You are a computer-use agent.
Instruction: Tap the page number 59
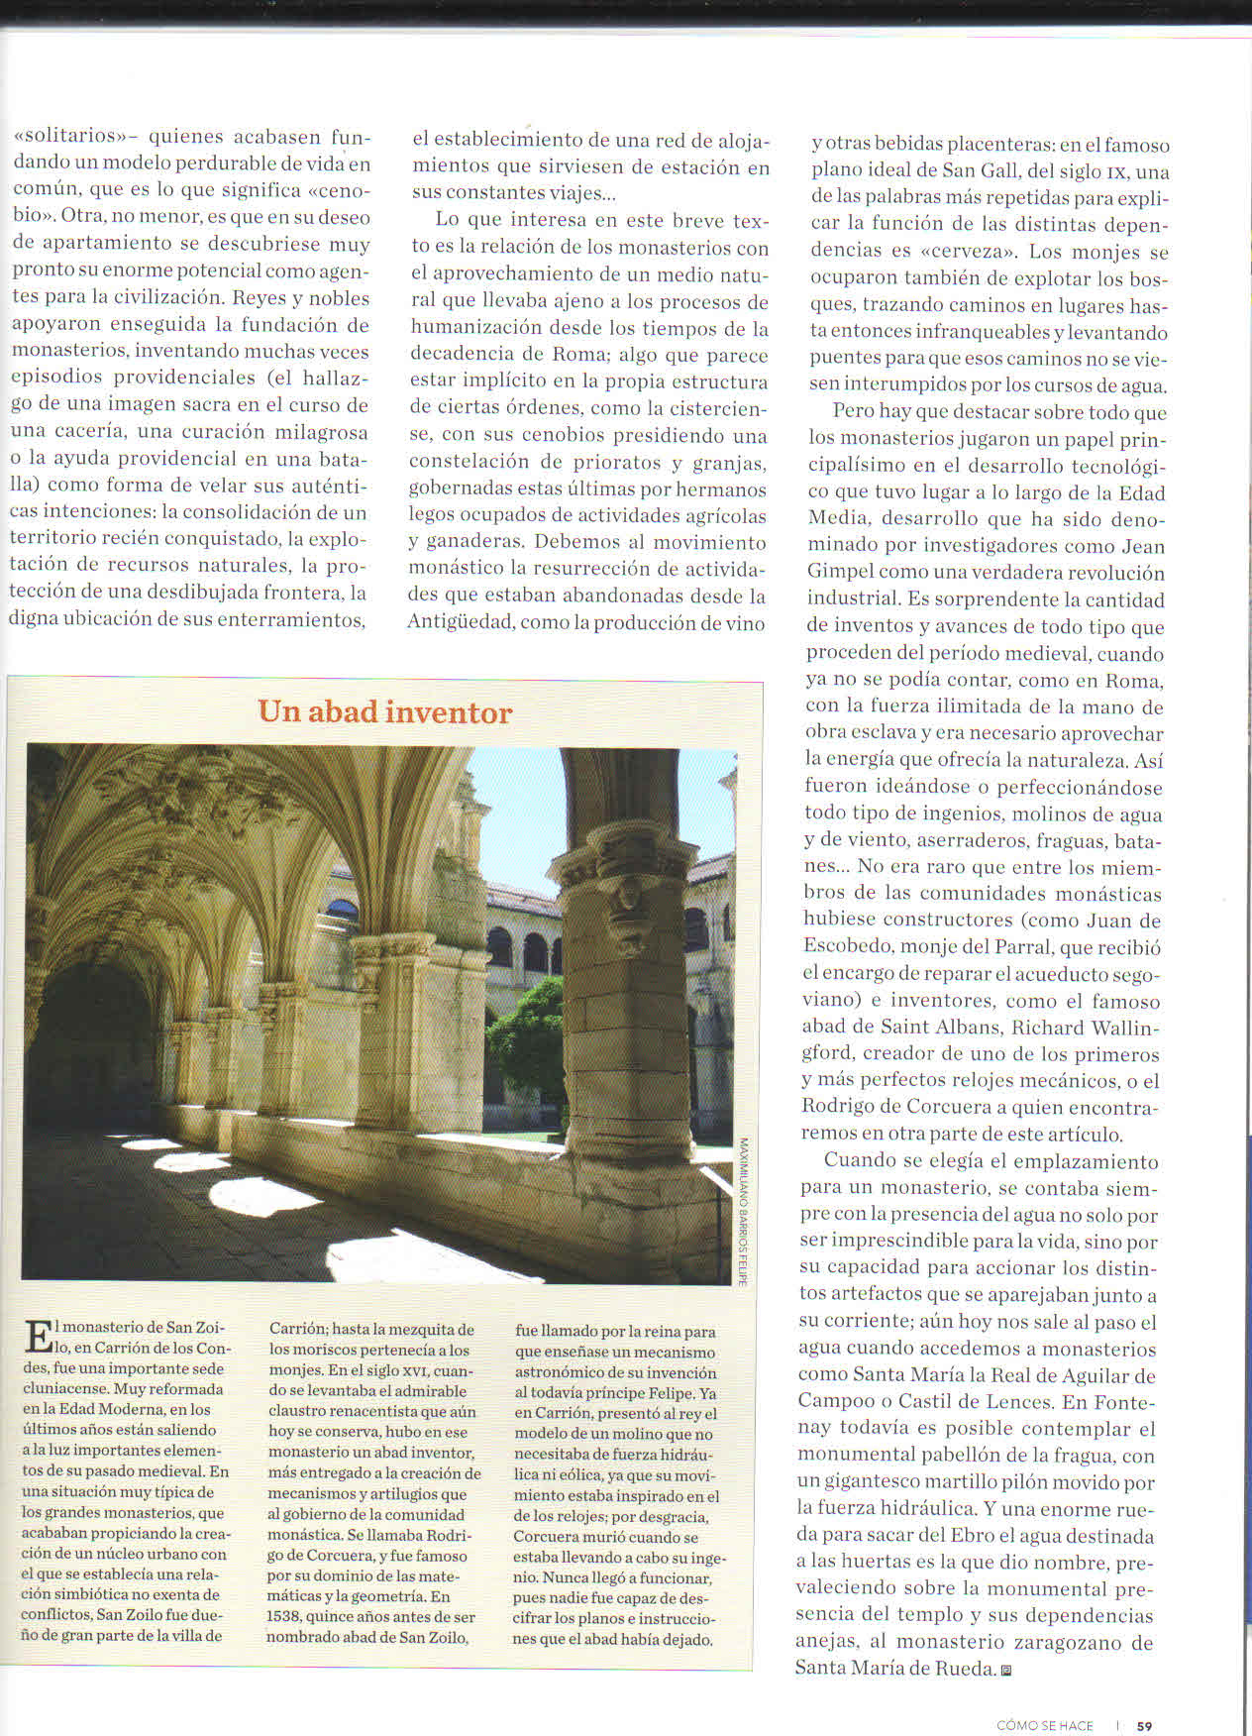pos(1144,1725)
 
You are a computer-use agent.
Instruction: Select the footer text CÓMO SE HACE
pos(1044,1725)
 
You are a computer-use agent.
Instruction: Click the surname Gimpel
pos(842,572)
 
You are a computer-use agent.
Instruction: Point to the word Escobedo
pos(852,946)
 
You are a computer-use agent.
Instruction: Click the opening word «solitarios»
pos(64,137)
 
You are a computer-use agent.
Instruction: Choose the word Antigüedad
pos(459,622)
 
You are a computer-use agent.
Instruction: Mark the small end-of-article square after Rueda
pos(1006,1670)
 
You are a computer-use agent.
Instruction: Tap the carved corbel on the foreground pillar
pos(629,907)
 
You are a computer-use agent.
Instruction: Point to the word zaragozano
pos(1044,1642)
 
